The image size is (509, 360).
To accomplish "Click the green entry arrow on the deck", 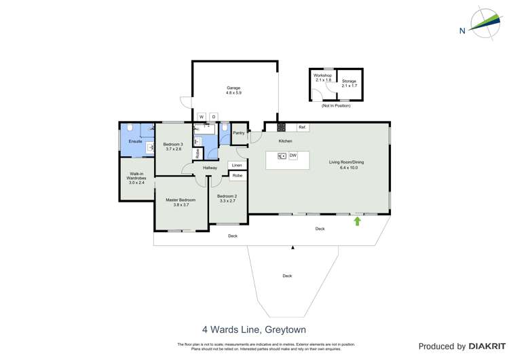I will pos(357,221).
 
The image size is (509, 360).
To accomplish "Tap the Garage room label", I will pos(233,87).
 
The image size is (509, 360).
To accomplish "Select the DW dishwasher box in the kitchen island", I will pos(293,156).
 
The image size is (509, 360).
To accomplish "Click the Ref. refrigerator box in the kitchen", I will pos(303,128).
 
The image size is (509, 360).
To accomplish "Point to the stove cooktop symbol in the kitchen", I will pos(280,127).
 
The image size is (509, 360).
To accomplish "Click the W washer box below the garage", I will pos(202,117).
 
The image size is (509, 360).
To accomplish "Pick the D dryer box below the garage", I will pos(213,117).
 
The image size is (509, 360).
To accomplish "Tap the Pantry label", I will pos(238,133).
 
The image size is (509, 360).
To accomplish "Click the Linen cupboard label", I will pos(236,165).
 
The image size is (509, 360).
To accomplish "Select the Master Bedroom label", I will pos(181,200).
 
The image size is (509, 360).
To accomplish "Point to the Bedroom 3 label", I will pos(173,144).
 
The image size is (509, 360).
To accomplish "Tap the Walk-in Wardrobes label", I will pos(137,176).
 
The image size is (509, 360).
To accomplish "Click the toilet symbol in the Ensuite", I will pos(130,128).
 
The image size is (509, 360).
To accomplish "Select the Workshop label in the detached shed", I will pos(322,75).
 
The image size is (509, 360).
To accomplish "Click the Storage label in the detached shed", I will pos(349,82).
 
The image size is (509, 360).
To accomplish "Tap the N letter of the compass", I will pos(462,30).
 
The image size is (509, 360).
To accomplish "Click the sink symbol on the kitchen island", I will pos(282,156).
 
